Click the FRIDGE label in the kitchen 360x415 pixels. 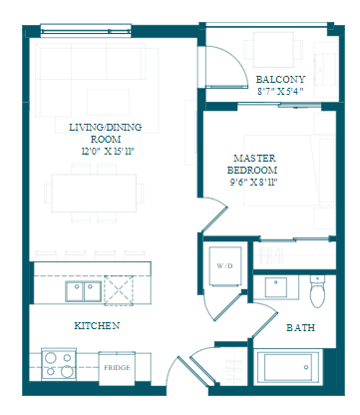[x=117, y=368]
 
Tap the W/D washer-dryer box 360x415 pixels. [x=225, y=266]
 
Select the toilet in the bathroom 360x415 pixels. [x=317, y=291]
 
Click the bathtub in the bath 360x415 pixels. [x=288, y=367]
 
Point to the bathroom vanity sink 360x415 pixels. [x=276, y=287]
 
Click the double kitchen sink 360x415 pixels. [x=84, y=291]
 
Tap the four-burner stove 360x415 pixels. [x=59, y=364]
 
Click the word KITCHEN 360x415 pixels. [x=97, y=325]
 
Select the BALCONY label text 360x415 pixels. [x=280, y=80]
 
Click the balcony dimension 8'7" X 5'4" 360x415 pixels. [x=280, y=91]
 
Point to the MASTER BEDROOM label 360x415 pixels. [x=252, y=164]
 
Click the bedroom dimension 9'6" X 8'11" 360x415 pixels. [x=253, y=183]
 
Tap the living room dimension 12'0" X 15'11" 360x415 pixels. [x=108, y=152]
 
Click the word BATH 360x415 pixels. [x=300, y=328]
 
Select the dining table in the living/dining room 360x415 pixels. [x=94, y=193]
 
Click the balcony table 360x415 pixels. [x=273, y=50]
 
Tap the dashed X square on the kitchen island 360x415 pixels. [x=119, y=290]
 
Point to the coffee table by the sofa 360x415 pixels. [x=108, y=102]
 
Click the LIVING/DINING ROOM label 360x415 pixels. [x=105, y=133]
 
